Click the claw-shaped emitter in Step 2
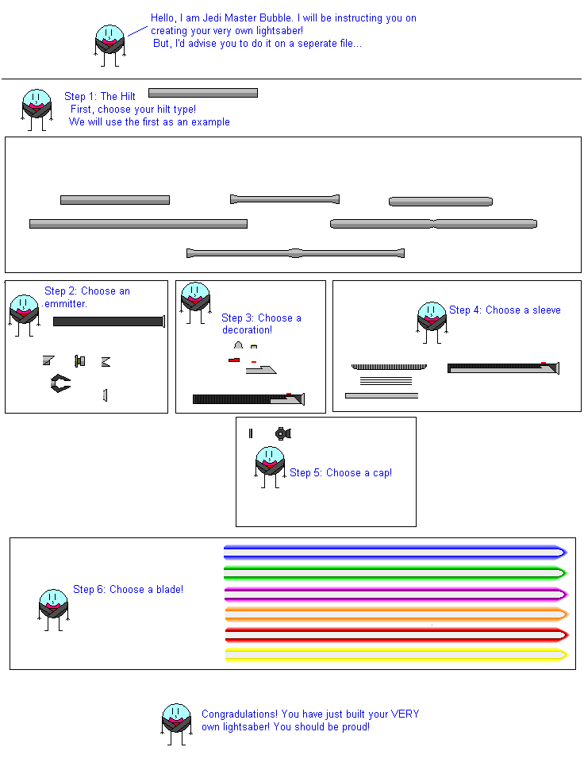[60, 384]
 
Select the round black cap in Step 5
[282, 433]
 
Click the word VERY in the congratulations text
[405, 714]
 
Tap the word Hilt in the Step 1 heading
[127, 97]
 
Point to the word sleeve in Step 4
[546, 310]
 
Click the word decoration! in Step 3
[247, 330]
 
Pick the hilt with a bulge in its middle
[295, 254]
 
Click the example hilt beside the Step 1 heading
[202, 93]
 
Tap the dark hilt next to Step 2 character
[108, 321]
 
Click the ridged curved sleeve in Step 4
[389, 367]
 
